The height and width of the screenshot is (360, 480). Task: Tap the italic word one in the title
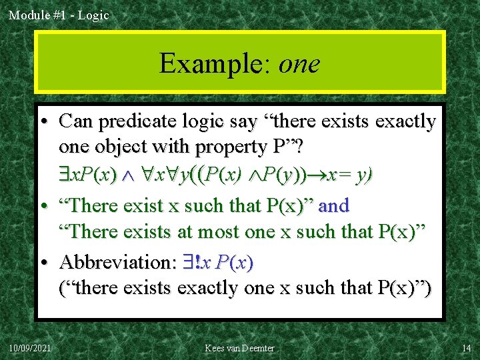tap(299, 65)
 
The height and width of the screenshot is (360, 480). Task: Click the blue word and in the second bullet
tap(333, 205)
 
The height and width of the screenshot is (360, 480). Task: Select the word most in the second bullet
tap(229, 232)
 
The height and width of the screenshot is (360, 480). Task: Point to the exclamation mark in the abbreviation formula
tap(197, 262)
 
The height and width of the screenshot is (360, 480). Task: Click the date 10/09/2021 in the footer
tap(31, 348)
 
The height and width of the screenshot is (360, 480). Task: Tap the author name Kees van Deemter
tap(239, 348)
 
